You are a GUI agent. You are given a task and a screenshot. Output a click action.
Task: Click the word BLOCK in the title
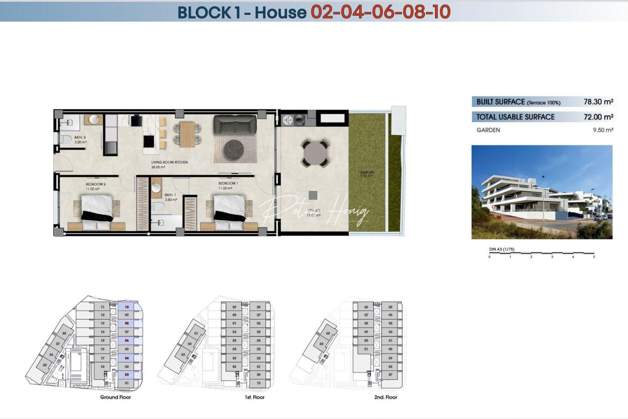tap(204, 12)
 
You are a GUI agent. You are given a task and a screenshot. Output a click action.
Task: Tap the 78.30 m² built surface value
tap(598, 102)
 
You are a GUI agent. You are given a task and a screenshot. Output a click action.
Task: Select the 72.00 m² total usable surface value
tap(598, 117)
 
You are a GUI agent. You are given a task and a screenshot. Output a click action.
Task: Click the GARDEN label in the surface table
tap(488, 130)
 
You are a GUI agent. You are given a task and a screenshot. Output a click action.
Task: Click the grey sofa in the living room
tap(235, 125)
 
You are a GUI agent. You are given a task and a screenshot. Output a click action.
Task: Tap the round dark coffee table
tap(234, 149)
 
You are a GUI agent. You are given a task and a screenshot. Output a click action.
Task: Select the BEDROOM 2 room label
tap(95, 184)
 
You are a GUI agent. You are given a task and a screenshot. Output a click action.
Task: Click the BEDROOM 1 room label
tap(228, 183)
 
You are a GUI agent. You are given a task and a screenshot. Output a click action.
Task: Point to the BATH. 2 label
tap(80, 137)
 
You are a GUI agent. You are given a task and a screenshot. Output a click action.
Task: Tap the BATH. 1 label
tap(170, 195)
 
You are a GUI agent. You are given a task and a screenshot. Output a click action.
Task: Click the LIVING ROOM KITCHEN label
tap(169, 162)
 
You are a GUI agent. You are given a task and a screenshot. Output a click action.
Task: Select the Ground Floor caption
tap(116, 397)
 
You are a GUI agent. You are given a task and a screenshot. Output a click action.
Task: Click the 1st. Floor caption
tap(255, 397)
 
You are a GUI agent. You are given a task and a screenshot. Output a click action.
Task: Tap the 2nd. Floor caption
tap(386, 397)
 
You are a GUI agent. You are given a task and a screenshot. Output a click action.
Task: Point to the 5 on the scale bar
tap(593, 257)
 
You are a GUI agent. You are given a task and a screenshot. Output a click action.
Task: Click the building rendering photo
tap(542, 192)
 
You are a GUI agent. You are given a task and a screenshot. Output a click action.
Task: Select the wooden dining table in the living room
tap(187, 134)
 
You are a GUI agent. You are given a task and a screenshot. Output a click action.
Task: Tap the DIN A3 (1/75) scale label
tap(502, 249)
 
